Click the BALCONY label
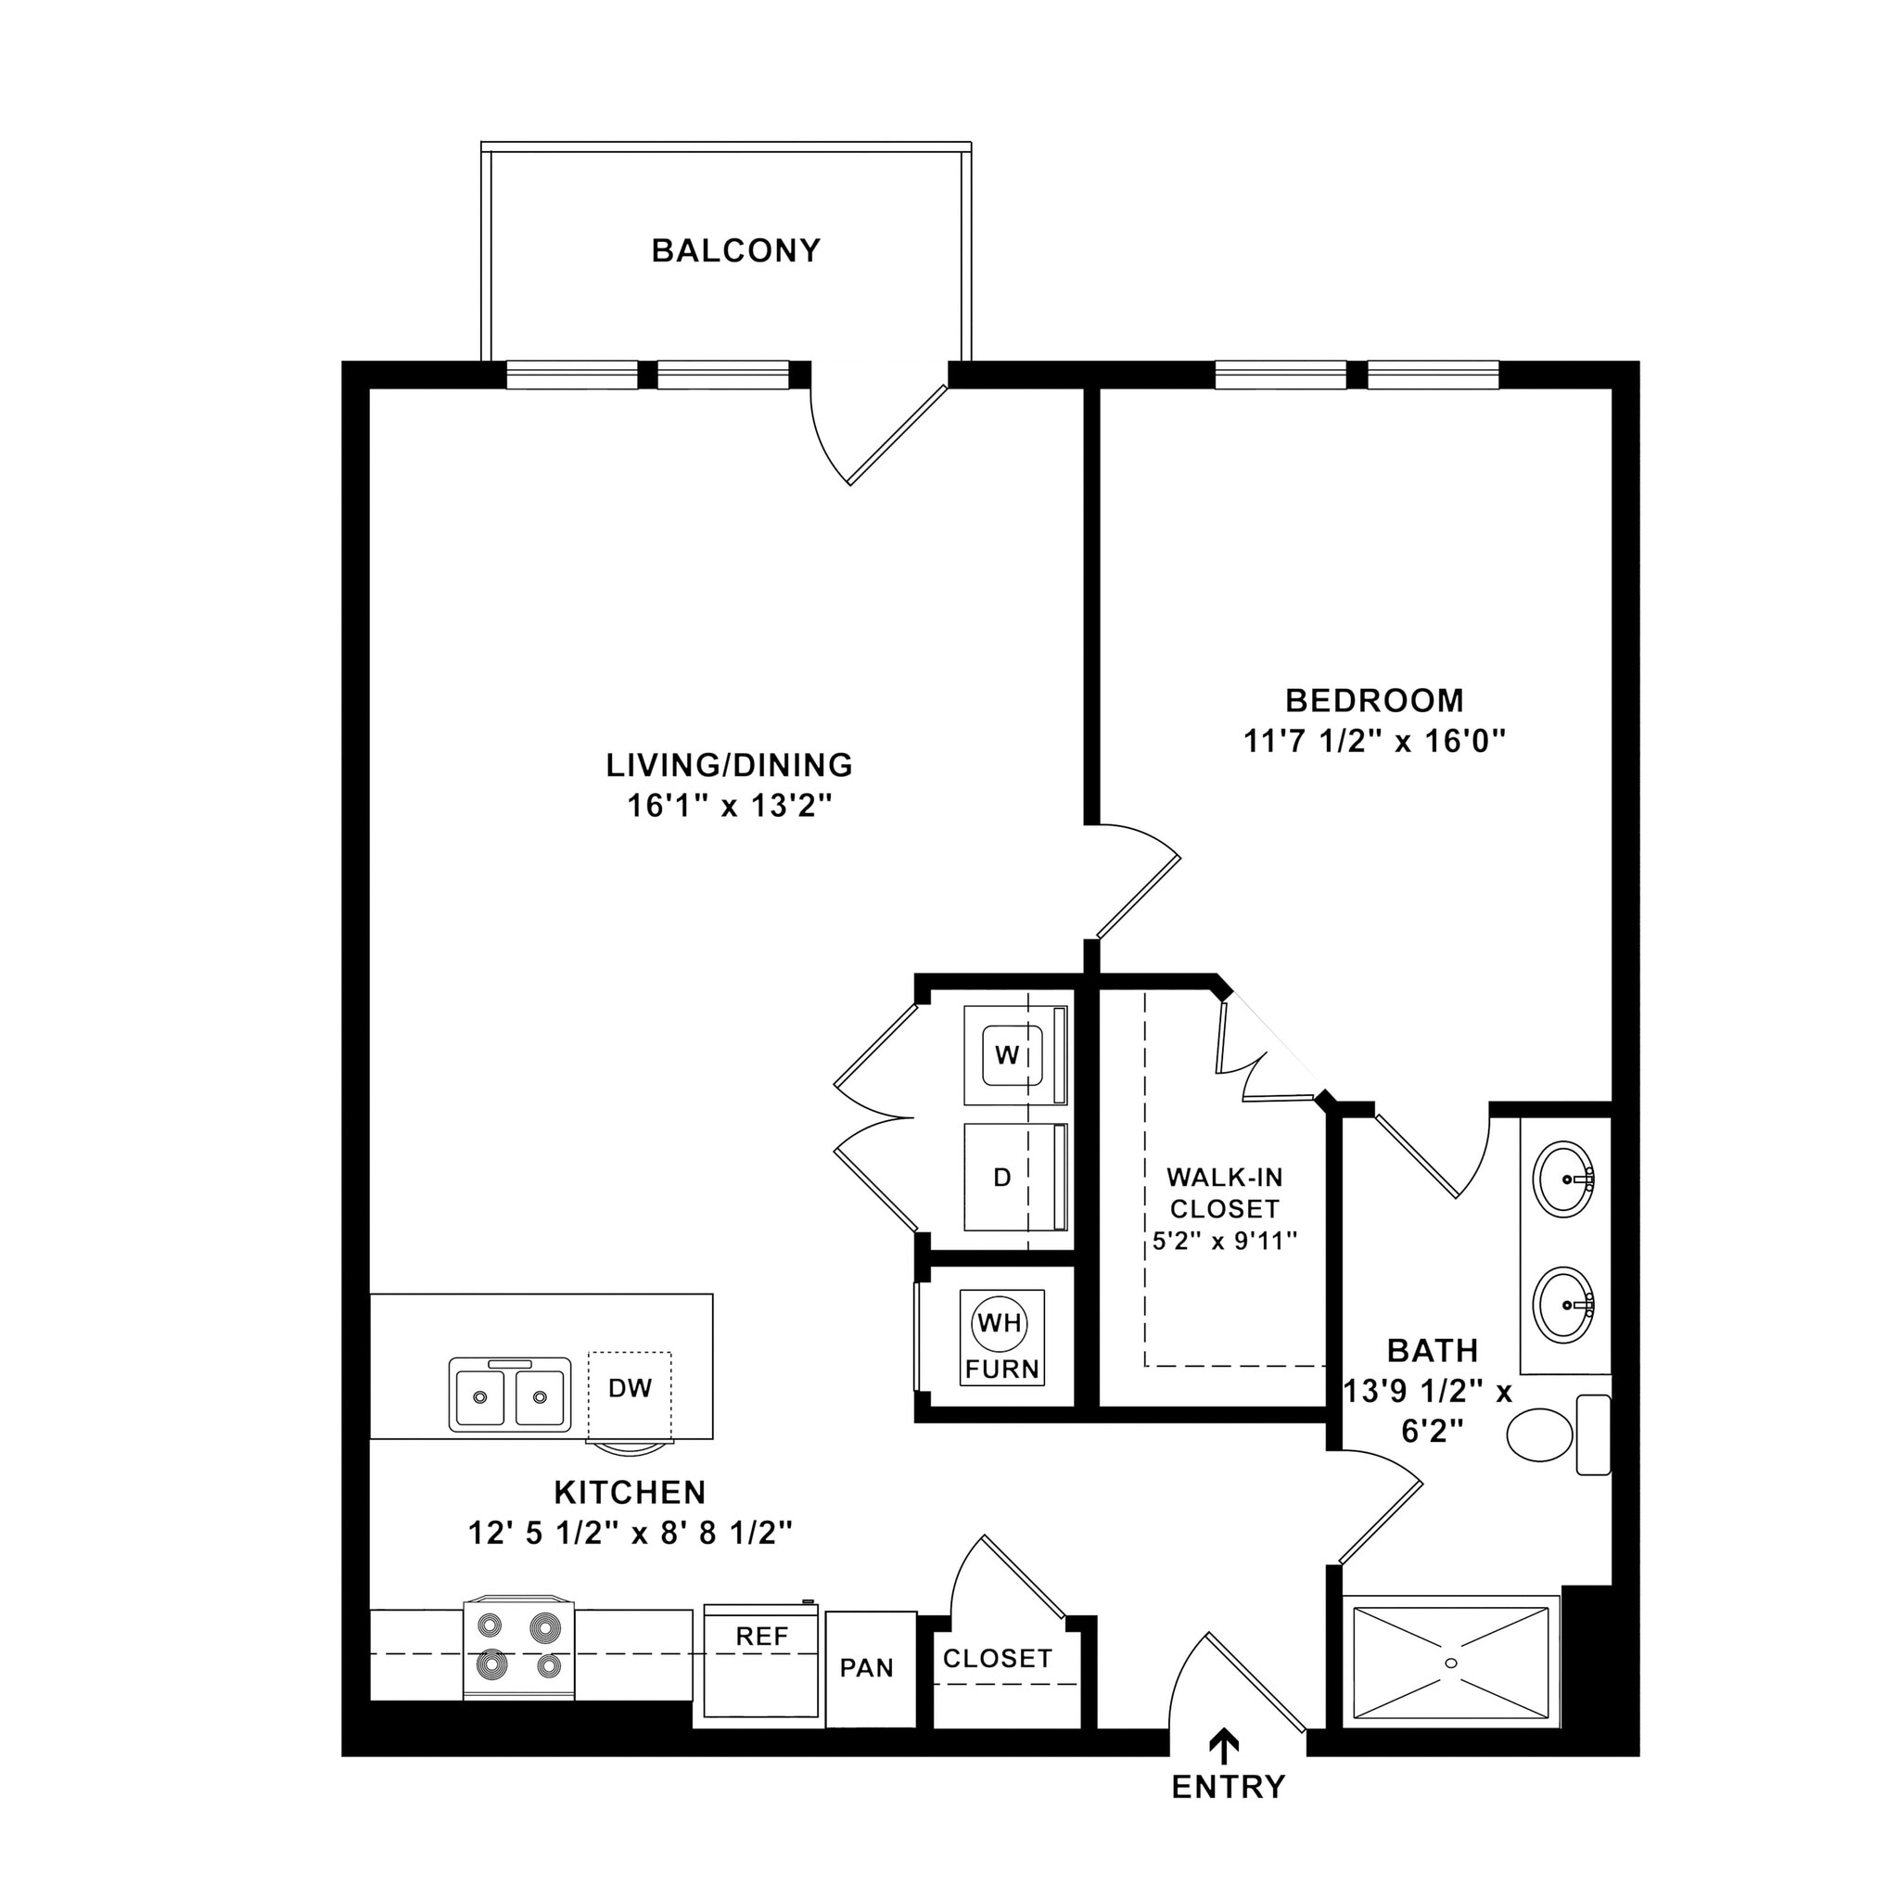click(x=735, y=250)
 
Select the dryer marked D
click(x=1002, y=1177)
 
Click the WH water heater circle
click(x=1000, y=1323)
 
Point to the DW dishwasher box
click(x=630, y=1388)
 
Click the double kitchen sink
click(x=510, y=1395)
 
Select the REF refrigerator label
click(x=762, y=1636)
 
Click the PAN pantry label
click(x=867, y=1668)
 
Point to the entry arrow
click(x=1224, y=1745)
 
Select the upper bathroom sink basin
click(x=1565, y=1179)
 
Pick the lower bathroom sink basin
click(x=1565, y=1306)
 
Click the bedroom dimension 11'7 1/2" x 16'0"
click(x=1374, y=740)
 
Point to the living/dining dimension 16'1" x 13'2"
click(x=730, y=806)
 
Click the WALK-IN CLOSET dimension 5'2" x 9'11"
click(x=1225, y=1242)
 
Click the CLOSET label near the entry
click(x=997, y=1658)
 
